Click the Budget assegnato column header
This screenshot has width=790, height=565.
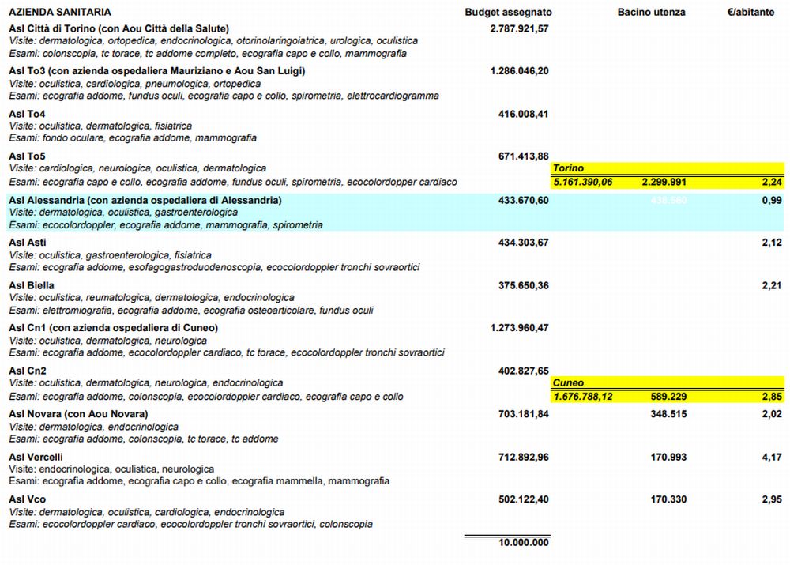pos(508,13)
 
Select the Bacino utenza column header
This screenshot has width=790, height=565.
pos(651,13)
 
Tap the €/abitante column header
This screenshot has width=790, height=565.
pos(750,13)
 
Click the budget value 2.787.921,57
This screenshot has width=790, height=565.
pos(519,28)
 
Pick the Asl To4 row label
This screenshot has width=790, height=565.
pos(27,114)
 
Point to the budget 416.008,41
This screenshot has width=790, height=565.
pos(523,114)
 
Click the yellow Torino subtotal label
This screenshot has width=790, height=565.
pos(569,169)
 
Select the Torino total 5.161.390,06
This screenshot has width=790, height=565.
pos(583,182)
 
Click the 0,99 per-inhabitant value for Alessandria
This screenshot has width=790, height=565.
pos(772,201)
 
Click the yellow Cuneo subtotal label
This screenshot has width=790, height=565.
pos(569,383)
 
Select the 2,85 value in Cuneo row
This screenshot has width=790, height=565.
pos(772,396)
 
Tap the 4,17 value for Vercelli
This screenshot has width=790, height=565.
pos(772,457)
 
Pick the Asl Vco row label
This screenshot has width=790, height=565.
pos(28,499)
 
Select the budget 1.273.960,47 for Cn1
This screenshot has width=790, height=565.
pos(519,328)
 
